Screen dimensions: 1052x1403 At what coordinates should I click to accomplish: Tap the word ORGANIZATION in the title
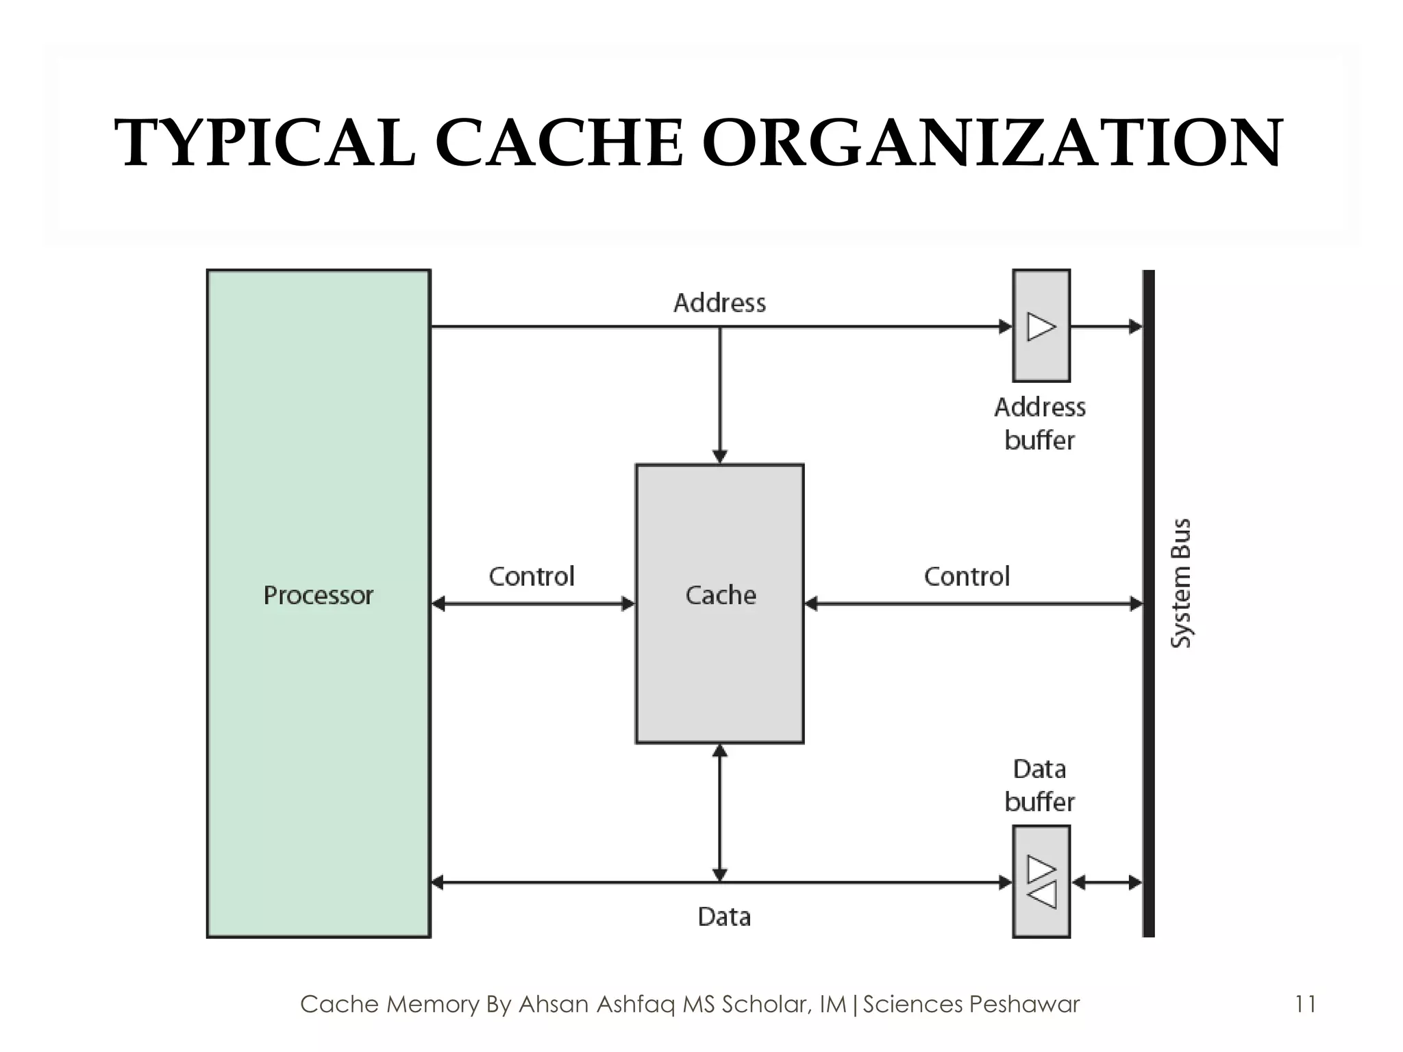[x=991, y=143]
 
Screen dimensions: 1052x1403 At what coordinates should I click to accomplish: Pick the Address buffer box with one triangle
[x=1041, y=326]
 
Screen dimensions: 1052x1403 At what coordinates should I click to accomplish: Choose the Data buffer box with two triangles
[x=1041, y=881]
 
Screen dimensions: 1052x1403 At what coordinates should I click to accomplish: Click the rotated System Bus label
[x=1180, y=583]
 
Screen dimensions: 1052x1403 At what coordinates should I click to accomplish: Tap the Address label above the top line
[x=719, y=303]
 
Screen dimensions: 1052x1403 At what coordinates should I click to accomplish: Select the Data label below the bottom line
[x=724, y=916]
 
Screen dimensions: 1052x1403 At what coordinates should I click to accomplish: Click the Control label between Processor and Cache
[x=531, y=577]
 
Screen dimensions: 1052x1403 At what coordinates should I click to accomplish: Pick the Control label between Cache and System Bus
[x=967, y=577]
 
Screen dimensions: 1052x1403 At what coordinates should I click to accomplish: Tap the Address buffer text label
[x=1040, y=424]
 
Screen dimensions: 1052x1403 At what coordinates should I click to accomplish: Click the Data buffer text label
[x=1040, y=786]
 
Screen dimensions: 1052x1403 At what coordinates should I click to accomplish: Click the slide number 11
[x=1305, y=1004]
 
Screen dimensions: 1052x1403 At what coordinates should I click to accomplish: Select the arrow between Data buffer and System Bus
[x=1106, y=883]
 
